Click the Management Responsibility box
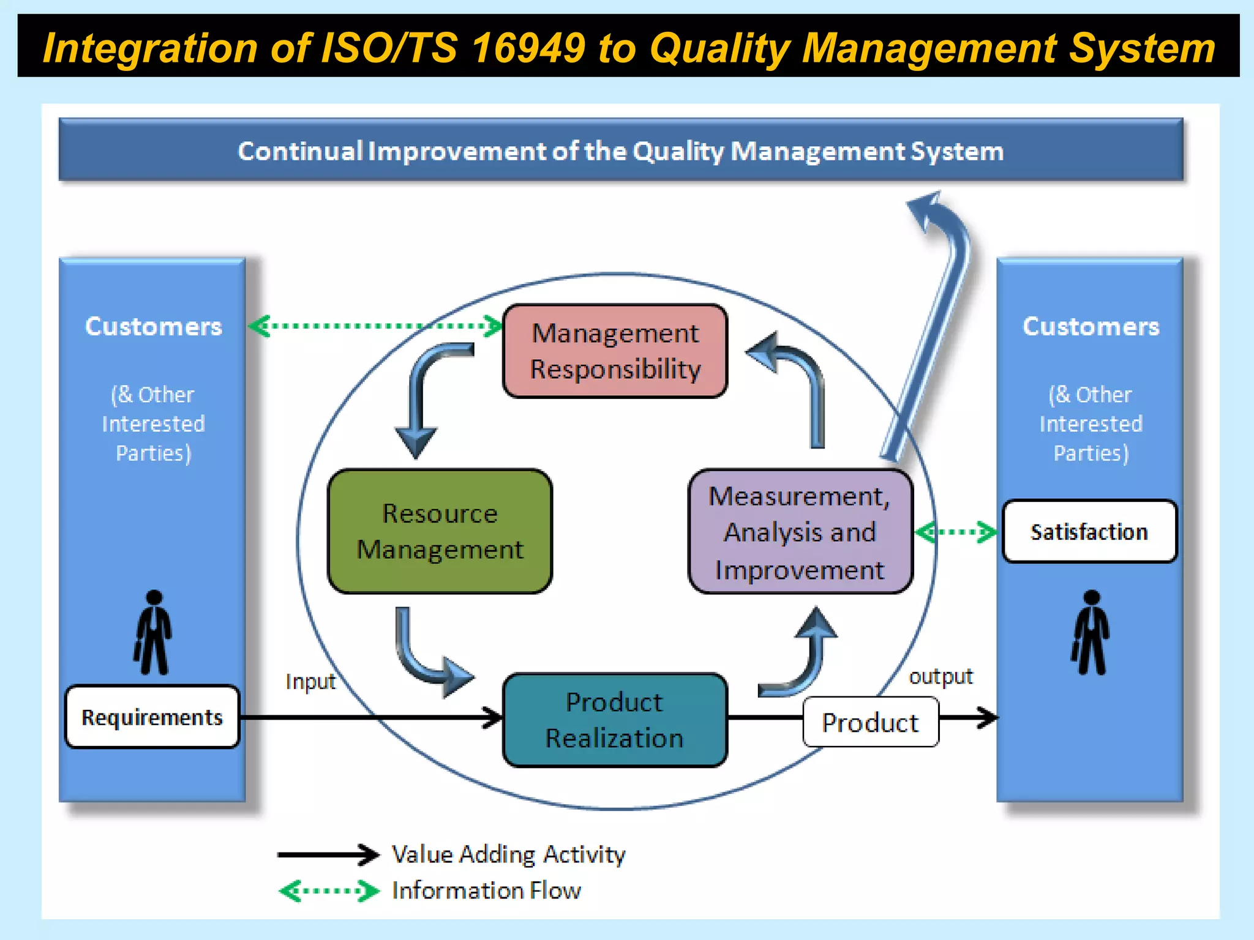[x=615, y=351]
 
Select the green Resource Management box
[x=440, y=531]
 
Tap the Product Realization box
[x=615, y=720]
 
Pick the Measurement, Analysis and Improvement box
[x=800, y=532]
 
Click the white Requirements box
[x=152, y=717]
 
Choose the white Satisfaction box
[x=1089, y=531]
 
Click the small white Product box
[x=870, y=723]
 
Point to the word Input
[x=310, y=681]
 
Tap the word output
[x=940, y=676]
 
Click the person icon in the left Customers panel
[x=153, y=633]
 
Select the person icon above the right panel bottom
[x=1091, y=633]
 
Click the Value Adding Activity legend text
[x=508, y=854]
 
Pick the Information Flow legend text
[x=486, y=890]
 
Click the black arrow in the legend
[x=328, y=854]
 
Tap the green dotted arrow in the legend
[x=329, y=891]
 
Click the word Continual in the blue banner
[x=300, y=151]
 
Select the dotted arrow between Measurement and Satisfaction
[x=956, y=532]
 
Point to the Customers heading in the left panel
[x=153, y=326]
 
